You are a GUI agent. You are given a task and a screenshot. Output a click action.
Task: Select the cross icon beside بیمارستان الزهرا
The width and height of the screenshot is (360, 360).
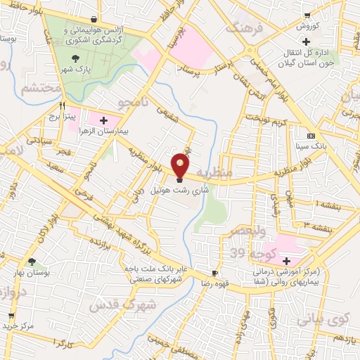[x=105, y=121]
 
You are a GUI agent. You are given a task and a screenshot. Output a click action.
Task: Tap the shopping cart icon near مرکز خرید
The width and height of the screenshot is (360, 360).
[x=11, y=316]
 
